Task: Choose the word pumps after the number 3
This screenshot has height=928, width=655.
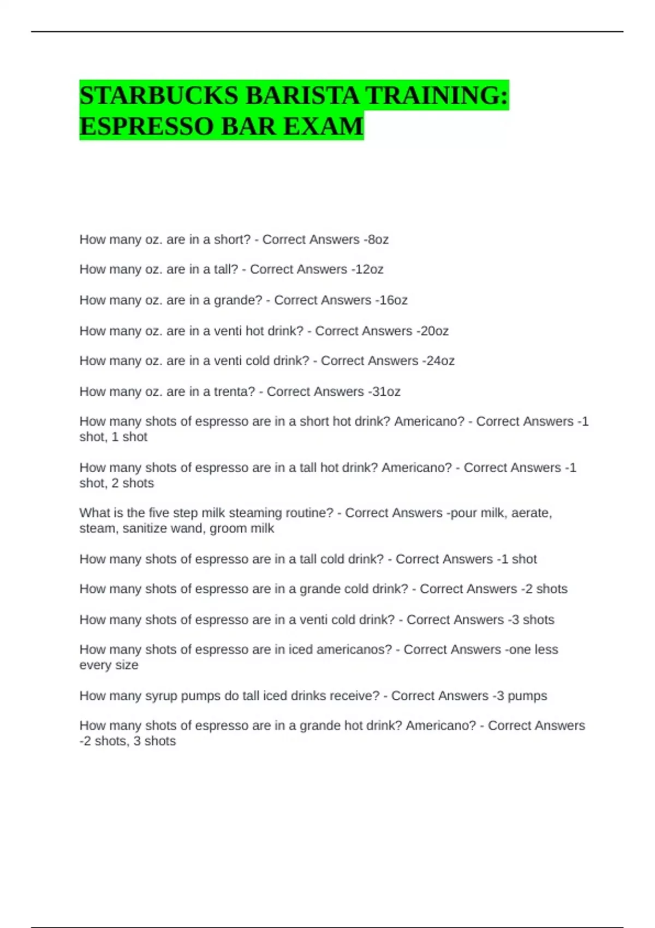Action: pyautogui.click(x=527, y=696)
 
